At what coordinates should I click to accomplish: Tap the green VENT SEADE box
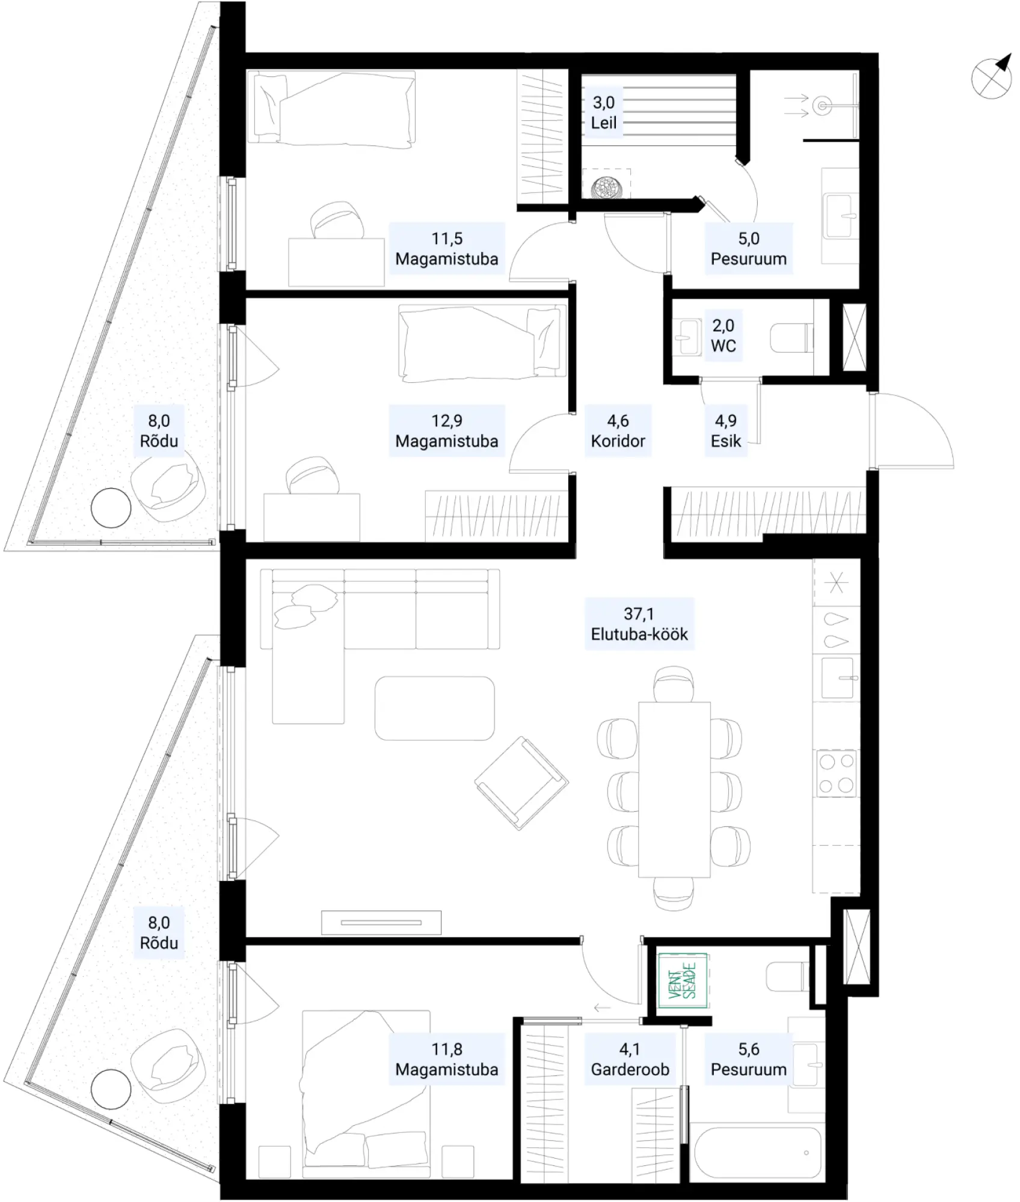[682, 980]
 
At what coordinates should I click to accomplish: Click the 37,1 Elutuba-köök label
[639, 624]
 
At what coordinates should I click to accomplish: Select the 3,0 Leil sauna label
[604, 112]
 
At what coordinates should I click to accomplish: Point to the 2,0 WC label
[724, 335]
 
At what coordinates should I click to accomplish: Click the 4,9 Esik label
[726, 431]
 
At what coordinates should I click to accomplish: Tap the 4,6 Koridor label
[618, 431]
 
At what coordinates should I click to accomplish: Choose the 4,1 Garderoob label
[630, 1060]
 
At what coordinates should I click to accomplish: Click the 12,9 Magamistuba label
[447, 431]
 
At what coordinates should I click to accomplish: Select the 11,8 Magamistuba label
[447, 1060]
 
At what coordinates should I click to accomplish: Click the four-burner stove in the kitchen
[837, 773]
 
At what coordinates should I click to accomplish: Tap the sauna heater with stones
[606, 188]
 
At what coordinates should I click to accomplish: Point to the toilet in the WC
[791, 338]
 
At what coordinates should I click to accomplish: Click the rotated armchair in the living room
[521, 784]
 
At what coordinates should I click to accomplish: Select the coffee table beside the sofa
[435, 708]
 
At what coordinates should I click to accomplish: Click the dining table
[674, 790]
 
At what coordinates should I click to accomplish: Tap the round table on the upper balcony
[111, 508]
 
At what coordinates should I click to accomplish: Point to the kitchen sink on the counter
[837, 678]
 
